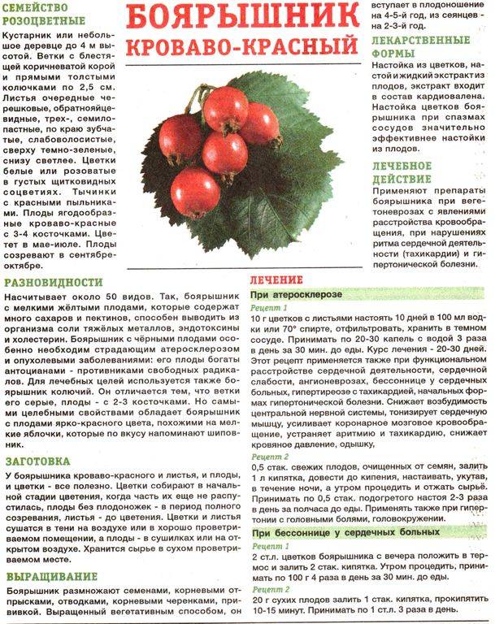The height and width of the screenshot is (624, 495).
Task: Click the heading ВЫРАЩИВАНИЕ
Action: pyautogui.click(x=48, y=578)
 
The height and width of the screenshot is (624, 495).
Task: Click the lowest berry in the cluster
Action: pyautogui.click(x=195, y=192)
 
